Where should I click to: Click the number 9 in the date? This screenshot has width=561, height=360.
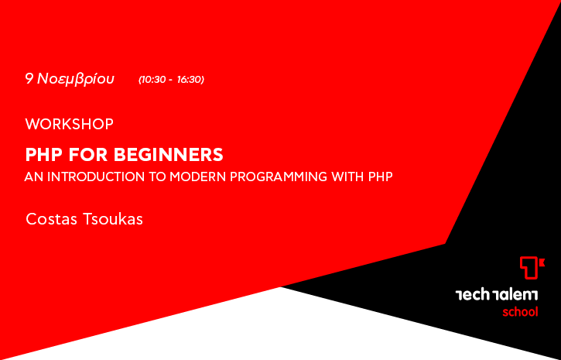tap(29, 79)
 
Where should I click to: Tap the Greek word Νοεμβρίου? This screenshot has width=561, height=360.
tap(76, 79)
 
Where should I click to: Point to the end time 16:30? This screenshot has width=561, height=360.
tap(190, 80)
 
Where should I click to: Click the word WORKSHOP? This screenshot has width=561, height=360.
tap(70, 124)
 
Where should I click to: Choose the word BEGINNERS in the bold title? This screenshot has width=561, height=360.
tap(169, 155)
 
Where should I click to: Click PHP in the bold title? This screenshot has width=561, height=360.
tap(44, 155)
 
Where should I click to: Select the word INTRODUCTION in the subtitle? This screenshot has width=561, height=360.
tap(96, 177)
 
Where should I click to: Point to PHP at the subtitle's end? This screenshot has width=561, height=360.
tap(381, 177)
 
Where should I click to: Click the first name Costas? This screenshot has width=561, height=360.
tap(51, 219)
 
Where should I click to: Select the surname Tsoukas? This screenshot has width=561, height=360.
tap(113, 219)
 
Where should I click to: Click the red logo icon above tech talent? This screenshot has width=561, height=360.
tap(532, 268)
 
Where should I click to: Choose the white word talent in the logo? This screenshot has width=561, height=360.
tap(515, 295)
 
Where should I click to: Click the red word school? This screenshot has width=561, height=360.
tap(520, 312)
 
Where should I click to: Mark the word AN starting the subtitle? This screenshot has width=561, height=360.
tap(34, 177)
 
